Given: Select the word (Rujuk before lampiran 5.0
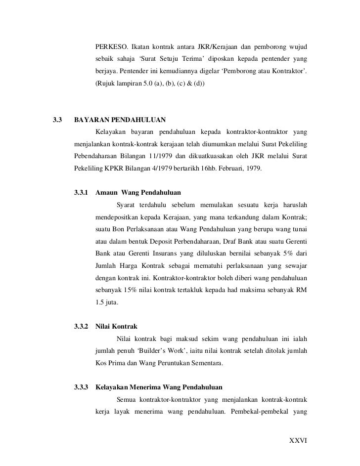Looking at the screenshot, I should (x=105, y=85).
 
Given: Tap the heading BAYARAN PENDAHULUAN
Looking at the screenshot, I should (x=120, y=120).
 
